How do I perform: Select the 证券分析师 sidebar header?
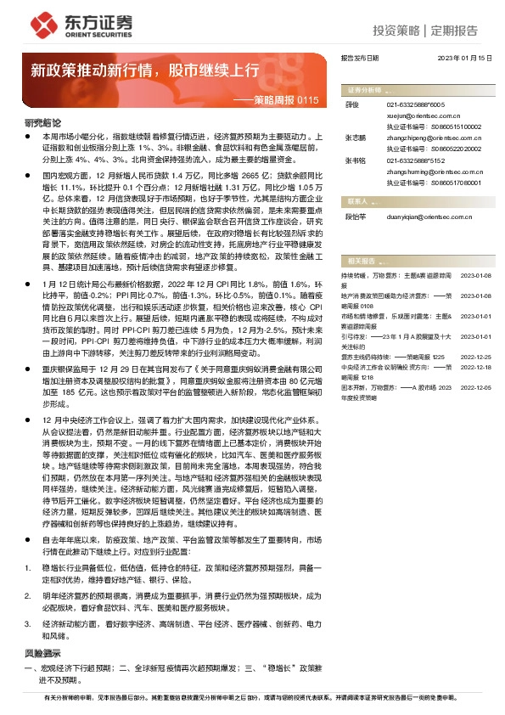(x=364, y=89)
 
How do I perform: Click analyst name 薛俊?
(x=353, y=104)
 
